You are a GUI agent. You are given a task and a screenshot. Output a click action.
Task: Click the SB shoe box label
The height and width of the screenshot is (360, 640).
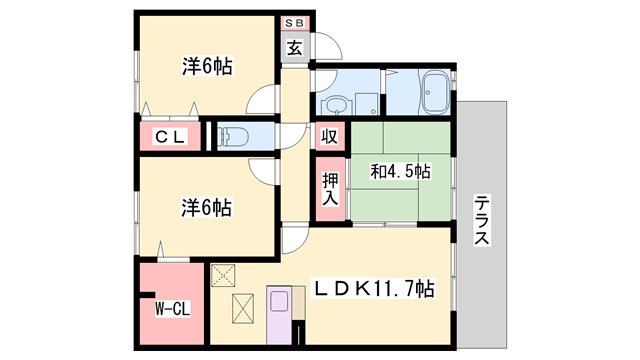click(x=295, y=21)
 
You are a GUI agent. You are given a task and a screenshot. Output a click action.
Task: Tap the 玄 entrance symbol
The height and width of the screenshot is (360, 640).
click(x=295, y=47)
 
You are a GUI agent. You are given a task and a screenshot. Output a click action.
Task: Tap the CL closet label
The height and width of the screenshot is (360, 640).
click(x=167, y=137)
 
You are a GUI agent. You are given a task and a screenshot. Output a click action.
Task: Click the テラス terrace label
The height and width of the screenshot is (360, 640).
click(x=482, y=219)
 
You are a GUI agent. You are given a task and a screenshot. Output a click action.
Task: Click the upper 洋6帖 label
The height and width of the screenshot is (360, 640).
click(x=207, y=66)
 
